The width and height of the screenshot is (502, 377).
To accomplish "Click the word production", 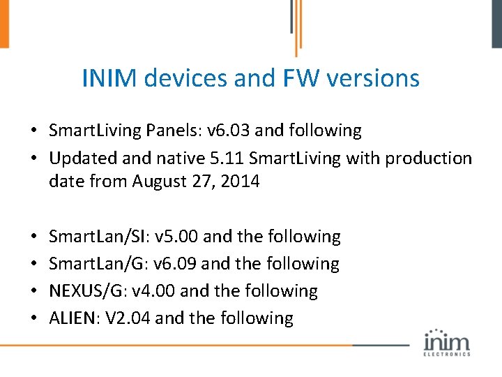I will pos(426,158).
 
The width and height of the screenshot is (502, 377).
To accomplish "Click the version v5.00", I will pos(178,237).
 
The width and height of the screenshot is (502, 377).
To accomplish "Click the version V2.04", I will pos(130,318).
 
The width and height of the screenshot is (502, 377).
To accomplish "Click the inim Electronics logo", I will pos(447,342).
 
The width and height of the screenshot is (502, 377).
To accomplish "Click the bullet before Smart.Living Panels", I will pos(33,131).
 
